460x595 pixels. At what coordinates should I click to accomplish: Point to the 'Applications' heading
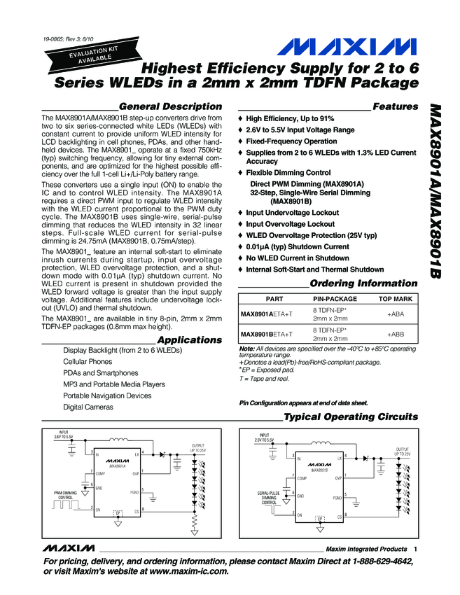tap(190, 340)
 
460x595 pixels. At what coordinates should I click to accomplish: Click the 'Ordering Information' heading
tap(363, 284)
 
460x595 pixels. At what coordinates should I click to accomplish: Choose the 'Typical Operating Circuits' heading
tap(351, 417)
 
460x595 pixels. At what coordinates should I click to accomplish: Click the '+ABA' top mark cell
tap(396, 314)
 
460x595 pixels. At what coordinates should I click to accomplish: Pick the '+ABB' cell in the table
tap(396, 335)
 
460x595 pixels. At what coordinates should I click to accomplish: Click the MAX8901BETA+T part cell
tap(267, 335)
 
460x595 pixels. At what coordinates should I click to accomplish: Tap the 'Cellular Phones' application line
tap(88, 362)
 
